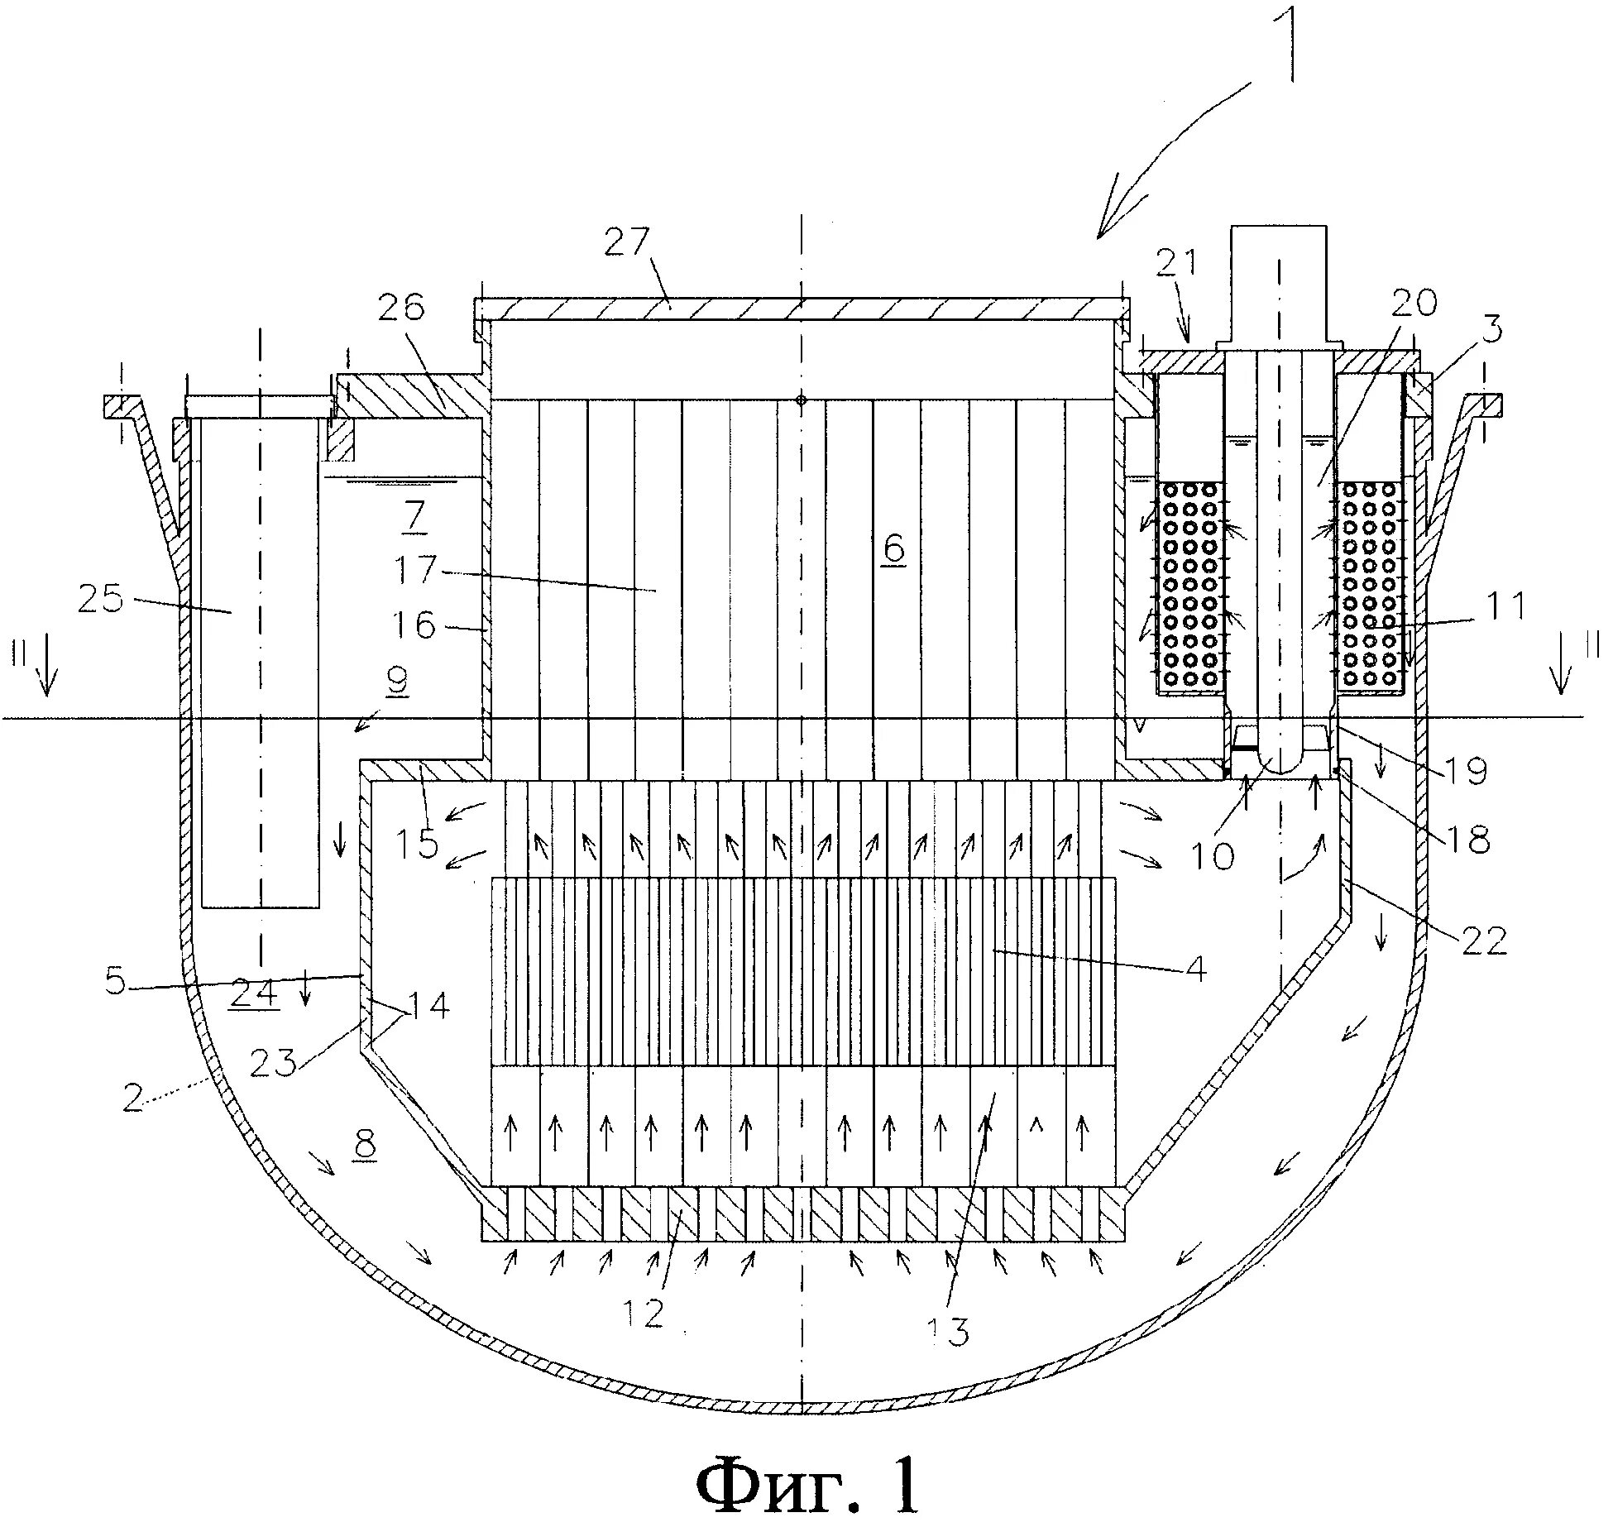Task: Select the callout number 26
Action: pos(401,307)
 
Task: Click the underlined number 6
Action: pos(893,548)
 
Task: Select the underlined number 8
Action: pos(364,1144)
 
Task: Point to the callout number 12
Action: pos(645,1313)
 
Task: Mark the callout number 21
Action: pos(1175,263)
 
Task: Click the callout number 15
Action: pos(417,843)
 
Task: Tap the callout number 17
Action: pos(416,570)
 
